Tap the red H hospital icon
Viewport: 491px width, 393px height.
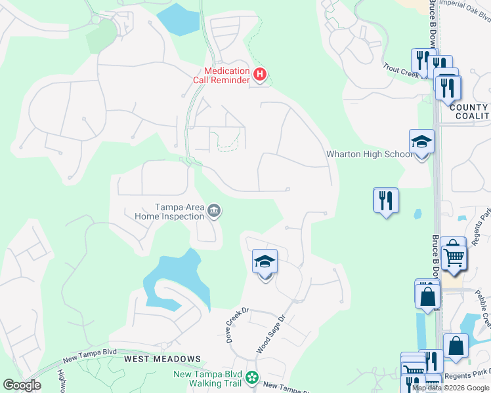pos(260,75)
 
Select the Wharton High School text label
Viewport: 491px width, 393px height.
pos(370,154)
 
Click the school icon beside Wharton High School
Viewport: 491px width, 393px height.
pos(421,142)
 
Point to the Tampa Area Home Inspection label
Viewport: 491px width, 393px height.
pos(169,211)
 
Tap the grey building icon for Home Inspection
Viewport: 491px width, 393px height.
pos(213,211)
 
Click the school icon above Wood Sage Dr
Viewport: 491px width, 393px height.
pos(265,262)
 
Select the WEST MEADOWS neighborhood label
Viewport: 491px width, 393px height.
pos(162,359)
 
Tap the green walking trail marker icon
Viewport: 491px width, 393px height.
pos(251,378)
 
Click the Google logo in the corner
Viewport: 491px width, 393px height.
pos(22,385)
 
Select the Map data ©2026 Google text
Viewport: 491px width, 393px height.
pos(450,388)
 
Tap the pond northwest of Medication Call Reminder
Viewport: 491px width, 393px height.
pos(177,20)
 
